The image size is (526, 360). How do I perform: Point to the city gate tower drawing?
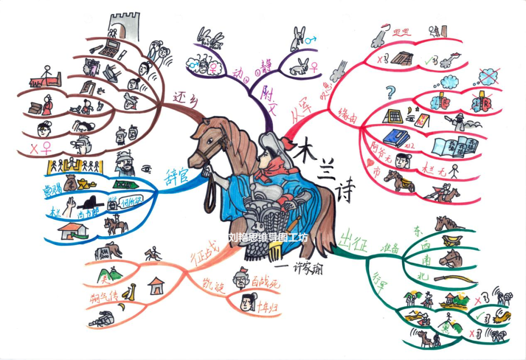(x=124, y=27)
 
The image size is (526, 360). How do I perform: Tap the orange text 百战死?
(x=266, y=281)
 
